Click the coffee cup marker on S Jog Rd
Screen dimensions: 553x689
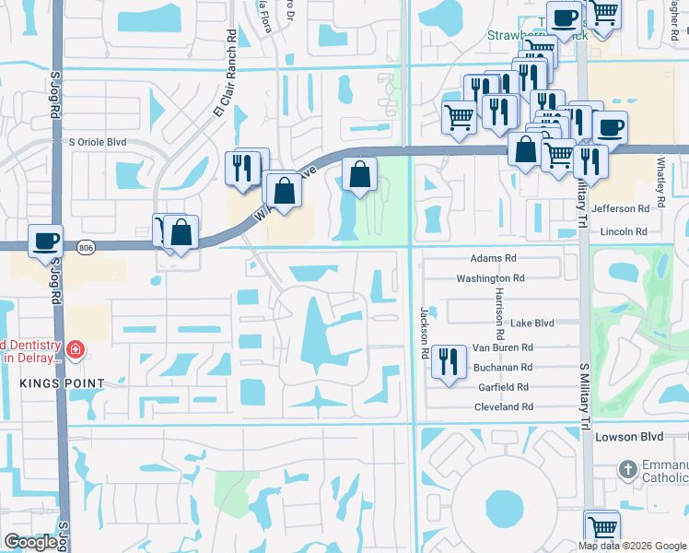point(45,241)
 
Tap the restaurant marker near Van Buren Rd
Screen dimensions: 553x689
point(447,359)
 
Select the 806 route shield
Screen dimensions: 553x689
point(86,247)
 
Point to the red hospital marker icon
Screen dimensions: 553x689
point(75,350)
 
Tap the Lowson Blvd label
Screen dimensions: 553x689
point(629,436)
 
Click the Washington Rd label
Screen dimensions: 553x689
point(490,278)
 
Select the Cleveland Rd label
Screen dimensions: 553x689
point(504,406)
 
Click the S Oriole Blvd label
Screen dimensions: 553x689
point(111,143)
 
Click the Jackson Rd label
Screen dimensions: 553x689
point(426,333)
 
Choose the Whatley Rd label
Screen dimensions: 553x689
point(661,180)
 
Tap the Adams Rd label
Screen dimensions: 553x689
point(489,260)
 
